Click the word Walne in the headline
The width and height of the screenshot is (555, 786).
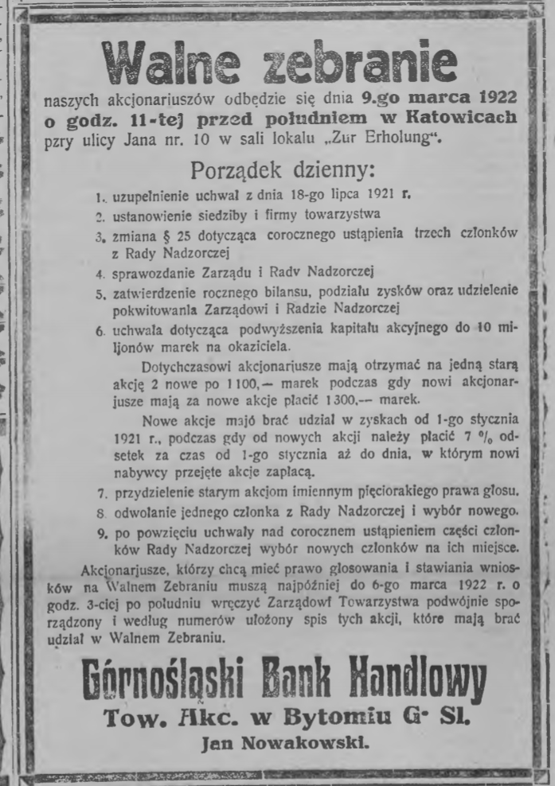(170, 60)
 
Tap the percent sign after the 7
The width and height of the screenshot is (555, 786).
(487, 438)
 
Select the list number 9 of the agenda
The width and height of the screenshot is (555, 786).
(100, 531)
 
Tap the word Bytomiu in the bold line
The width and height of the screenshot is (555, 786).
(339, 719)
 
